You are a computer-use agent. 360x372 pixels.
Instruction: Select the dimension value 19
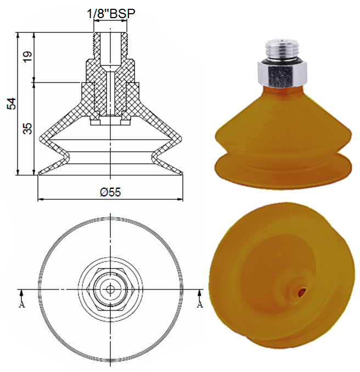click(27, 57)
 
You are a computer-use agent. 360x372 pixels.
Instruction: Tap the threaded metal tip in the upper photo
click(281, 49)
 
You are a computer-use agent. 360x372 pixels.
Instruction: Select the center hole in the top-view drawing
click(110, 289)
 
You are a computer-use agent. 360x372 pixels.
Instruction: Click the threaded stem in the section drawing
click(110, 47)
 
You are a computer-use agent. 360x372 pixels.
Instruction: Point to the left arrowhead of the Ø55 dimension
click(40, 198)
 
